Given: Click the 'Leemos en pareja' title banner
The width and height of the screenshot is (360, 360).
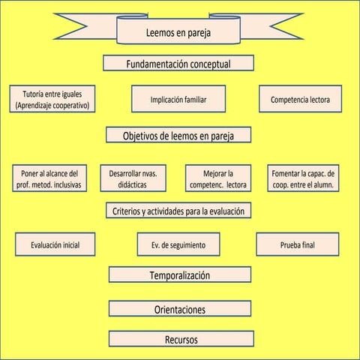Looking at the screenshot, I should (x=178, y=33).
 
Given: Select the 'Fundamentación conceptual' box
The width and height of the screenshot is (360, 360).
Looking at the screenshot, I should (x=178, y=63).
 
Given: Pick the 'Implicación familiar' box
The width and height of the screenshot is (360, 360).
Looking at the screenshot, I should (x=178, y=100).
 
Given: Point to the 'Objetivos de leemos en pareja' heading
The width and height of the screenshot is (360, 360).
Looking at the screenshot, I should (x=178, y=136).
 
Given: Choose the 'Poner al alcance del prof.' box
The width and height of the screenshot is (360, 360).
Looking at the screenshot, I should (x=51, y=178).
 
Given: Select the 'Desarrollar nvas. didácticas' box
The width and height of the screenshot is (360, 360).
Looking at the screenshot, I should (x=133, y=178).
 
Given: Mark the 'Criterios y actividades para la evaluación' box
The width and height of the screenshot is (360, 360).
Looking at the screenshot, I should (x=178, y=211).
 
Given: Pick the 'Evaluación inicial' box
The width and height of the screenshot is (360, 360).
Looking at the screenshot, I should (x=55, y=244).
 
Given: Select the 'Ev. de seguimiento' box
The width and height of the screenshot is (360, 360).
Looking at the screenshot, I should (x=178, y=244).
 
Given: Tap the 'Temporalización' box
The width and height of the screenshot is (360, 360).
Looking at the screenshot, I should (x=178, y=275).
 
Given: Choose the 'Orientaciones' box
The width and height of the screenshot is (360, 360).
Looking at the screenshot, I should (x=179, y=309).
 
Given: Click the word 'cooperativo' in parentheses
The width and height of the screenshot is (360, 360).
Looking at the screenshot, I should (x=67, y=106).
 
